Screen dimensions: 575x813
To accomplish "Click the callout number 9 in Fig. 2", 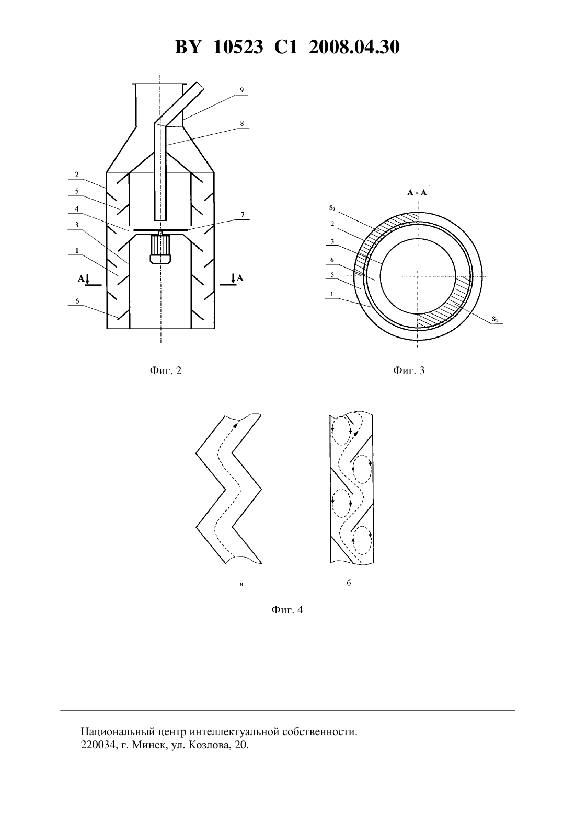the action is [241, 90].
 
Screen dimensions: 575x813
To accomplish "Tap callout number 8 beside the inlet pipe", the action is [241, 123].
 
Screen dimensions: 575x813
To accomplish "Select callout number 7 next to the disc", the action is [243, 215].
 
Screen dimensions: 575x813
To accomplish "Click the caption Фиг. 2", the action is [166, 370].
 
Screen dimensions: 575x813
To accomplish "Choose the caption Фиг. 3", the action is [409, 370].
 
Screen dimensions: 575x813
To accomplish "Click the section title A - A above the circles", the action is [417, 193].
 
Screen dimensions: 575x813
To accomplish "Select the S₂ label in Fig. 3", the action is [332, 208].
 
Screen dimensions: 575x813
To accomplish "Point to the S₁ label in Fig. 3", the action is [496, 319].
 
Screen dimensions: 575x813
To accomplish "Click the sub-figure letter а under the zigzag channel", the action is [241, 584].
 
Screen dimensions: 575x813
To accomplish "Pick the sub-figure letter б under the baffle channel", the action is [349, 583].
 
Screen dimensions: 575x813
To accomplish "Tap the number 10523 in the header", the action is [238, 47].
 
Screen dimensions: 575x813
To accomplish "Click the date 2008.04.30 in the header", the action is [354, 47].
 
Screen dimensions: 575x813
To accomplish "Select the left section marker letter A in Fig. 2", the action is [81, 278].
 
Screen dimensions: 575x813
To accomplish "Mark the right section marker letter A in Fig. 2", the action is [240, 278].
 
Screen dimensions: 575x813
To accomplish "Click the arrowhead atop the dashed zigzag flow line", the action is [236, 425].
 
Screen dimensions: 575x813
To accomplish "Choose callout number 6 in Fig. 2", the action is [77, 301].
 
